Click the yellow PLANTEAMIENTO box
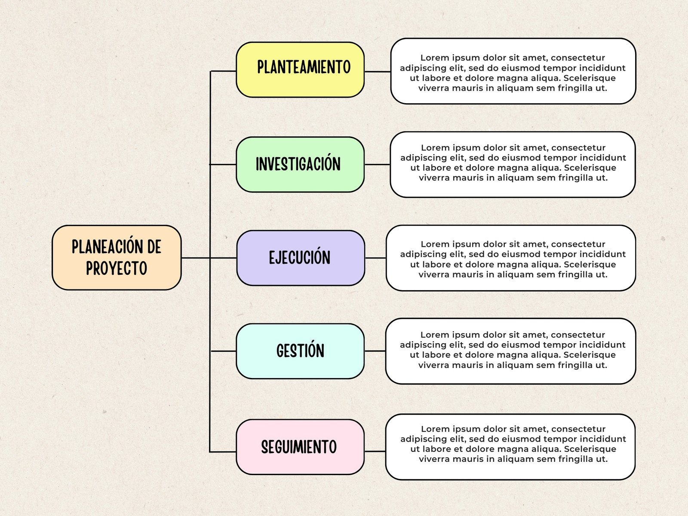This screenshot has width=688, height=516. [x=300, y=70]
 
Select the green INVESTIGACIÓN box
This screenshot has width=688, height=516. [x=300, y=165]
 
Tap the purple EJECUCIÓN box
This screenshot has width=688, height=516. [x=301, y=258]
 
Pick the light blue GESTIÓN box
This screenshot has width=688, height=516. [x=300, y=351]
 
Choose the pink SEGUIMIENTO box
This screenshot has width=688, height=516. [x=300, y=447]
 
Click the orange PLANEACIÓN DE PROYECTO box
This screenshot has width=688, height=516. [x=117, y=258]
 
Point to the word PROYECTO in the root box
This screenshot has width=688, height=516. [x=117, y=269]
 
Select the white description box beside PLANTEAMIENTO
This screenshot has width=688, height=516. [x=513, y=71]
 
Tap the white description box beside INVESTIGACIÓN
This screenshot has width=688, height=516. [x=513, y=165]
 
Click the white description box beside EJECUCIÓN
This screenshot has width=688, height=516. [x=511, y=258]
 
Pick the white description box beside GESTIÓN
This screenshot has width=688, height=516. [x=510, y=351]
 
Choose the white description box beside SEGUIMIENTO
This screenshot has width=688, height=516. [x=510, y=447]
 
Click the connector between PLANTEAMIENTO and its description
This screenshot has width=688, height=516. [x=378, y=72]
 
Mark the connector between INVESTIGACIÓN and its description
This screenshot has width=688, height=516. [x=377, y=164]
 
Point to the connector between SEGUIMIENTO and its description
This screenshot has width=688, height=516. [x=375, y=451]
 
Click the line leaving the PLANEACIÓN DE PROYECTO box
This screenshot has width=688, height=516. [x=196, y=258]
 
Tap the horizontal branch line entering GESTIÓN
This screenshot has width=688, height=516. [x=224, y=351]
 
